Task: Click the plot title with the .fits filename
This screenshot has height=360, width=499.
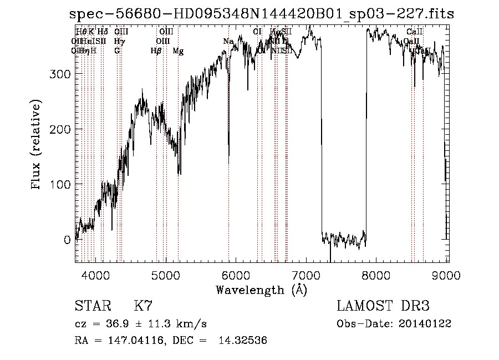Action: [x=261, y=14]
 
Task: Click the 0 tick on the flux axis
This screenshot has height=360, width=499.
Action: [x=67, y=240]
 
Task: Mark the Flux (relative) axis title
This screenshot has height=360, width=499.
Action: [x=37, y=145]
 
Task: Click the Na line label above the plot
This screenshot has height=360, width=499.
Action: [x=228, y=41]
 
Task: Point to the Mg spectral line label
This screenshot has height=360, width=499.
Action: [x=178, y=51]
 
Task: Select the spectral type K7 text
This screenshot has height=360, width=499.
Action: [x=143, y=306]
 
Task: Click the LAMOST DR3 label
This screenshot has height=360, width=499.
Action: [x=383, y=306]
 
